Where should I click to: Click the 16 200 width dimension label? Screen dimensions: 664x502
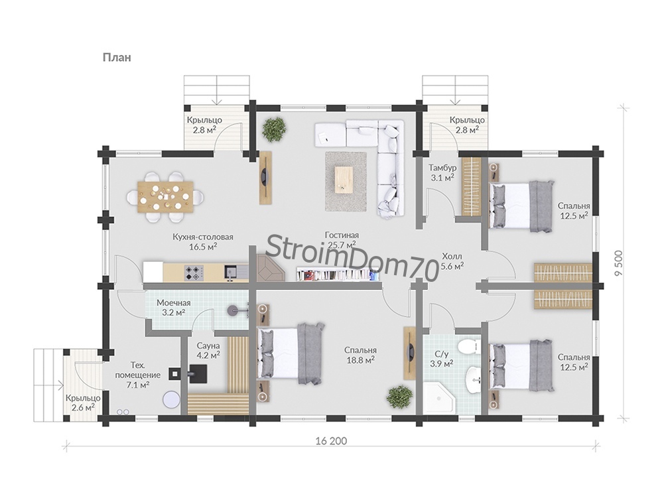[331, 441]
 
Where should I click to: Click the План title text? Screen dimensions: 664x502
[117, 57]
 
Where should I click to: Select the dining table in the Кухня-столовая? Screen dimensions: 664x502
[166, 196]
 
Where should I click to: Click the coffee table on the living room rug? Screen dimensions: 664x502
[344, 178]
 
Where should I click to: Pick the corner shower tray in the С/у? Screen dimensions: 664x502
[439, 399]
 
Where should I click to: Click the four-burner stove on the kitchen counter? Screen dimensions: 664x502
[194, 273]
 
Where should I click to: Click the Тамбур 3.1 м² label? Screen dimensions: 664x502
[442, 172]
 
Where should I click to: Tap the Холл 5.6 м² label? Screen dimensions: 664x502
[452, 261]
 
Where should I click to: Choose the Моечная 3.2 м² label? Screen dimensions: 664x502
[174, 308]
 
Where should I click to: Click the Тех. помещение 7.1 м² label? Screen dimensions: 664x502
[137, 375]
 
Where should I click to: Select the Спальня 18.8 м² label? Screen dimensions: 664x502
[360, 355]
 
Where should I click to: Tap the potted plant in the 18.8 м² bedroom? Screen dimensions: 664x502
[399, 397]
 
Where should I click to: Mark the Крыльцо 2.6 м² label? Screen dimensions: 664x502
[83, 403]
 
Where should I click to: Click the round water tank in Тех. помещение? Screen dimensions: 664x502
[172, 399]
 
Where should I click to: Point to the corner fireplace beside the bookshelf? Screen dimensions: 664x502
[270, 267]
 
